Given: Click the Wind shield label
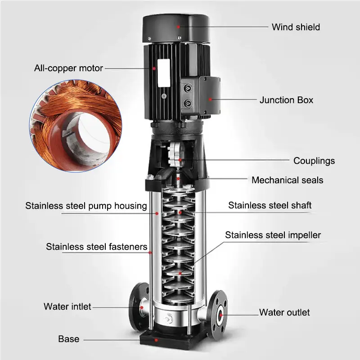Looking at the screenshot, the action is click(296, 27).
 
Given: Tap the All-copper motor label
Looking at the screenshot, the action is click(68, 68).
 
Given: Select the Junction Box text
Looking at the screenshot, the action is click(286, 100).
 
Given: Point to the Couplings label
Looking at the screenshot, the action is click(314, 161).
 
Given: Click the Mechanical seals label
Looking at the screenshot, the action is click(287, 180).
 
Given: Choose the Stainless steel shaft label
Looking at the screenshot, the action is click(270, 205).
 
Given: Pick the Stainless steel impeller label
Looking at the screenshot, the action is click(273, 235).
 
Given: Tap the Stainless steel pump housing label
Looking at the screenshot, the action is click(86, 206).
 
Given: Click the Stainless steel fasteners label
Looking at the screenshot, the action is click(97, 247).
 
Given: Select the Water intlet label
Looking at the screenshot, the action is click(67, 306).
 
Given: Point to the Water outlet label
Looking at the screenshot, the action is click(284, 312).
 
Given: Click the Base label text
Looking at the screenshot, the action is click(69, 339).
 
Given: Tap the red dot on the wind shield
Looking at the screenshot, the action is click(178, 27).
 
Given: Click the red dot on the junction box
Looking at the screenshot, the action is click(210, 99).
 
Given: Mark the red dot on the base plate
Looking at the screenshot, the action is click(156, 340).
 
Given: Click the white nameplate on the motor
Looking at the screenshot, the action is click(164, 73).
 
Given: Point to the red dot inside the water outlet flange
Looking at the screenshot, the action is click(220, 315).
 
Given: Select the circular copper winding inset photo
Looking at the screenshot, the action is click(76, 126).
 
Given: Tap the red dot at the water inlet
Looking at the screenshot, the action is click(142, 307).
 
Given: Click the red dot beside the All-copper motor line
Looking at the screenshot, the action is click(154, 68).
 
